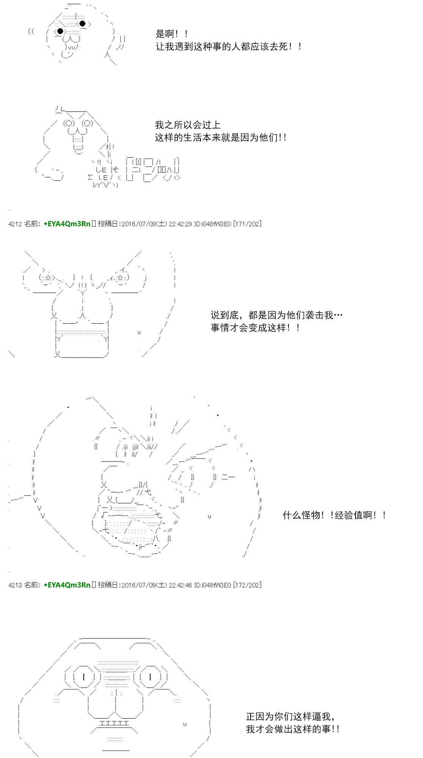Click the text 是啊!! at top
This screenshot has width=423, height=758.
coord(172,34)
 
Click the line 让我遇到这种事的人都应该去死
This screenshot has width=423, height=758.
coord(229,47)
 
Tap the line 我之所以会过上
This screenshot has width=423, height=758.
coord(188,125)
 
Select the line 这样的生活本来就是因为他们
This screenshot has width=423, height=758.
coord(221,137)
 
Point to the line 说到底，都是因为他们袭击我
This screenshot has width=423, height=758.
coord(277,315)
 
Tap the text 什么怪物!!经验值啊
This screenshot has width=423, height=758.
coord(334,515)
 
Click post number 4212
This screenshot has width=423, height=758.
coord(14,224)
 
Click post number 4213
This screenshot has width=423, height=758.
coord(14,585)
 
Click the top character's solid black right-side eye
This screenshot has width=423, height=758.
coord(83,23)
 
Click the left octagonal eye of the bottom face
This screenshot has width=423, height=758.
coord(83,677)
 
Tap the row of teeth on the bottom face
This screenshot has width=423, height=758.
coord(114,723)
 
